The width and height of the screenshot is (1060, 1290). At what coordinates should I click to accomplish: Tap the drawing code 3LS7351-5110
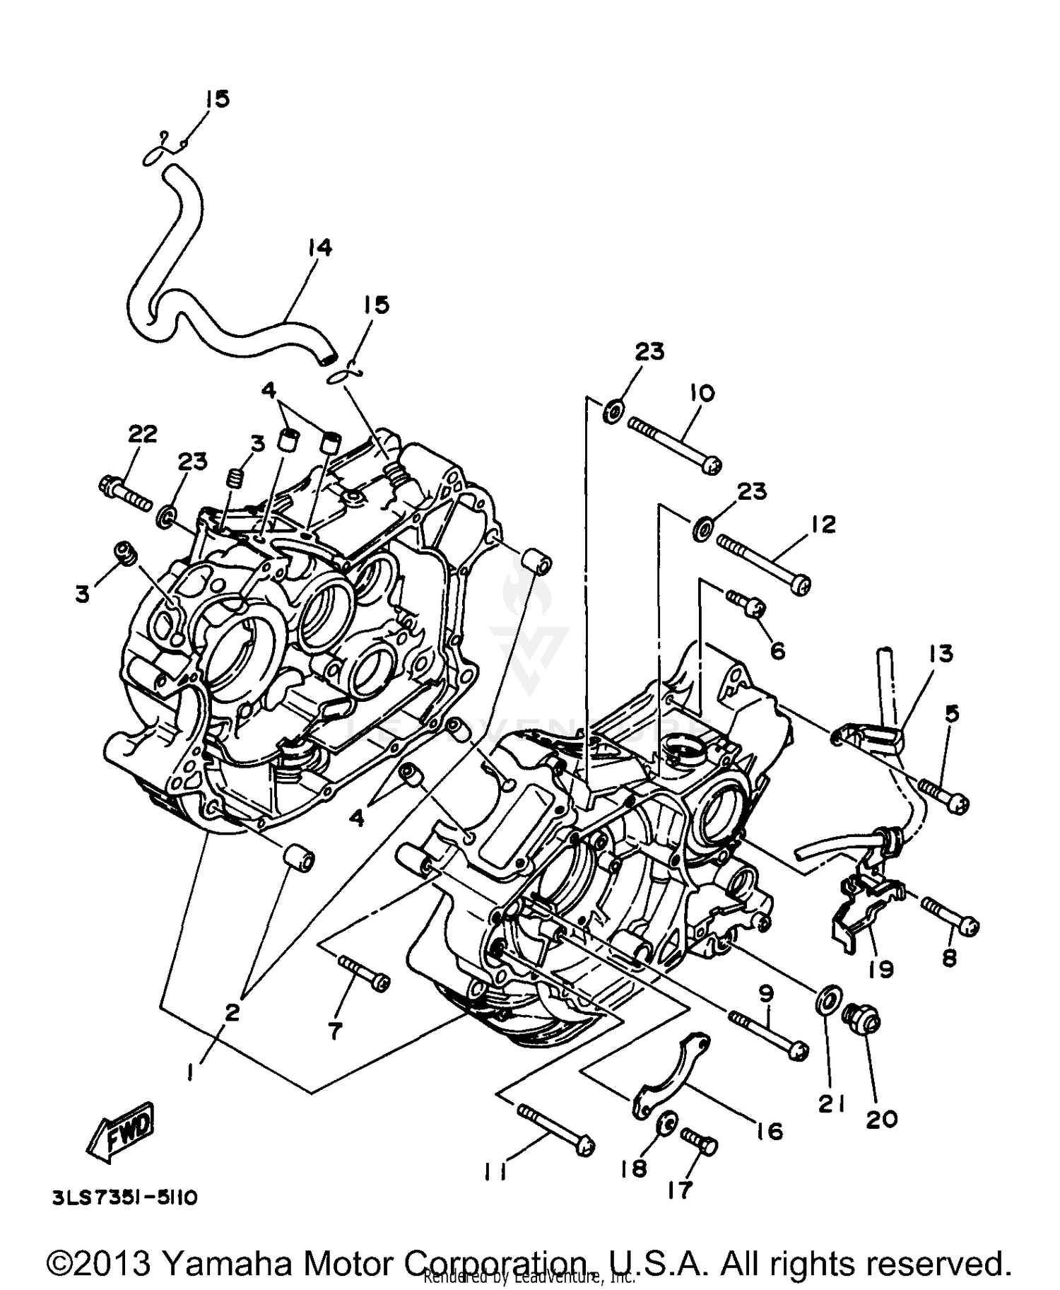124,1198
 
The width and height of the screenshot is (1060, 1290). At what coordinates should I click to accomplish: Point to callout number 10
702,393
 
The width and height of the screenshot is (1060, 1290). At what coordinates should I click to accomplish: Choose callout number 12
823,524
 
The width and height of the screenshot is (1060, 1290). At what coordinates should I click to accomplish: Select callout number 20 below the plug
881,1119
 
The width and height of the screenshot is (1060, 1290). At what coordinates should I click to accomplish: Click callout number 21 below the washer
831,1103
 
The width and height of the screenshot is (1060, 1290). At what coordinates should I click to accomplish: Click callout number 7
334,1031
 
